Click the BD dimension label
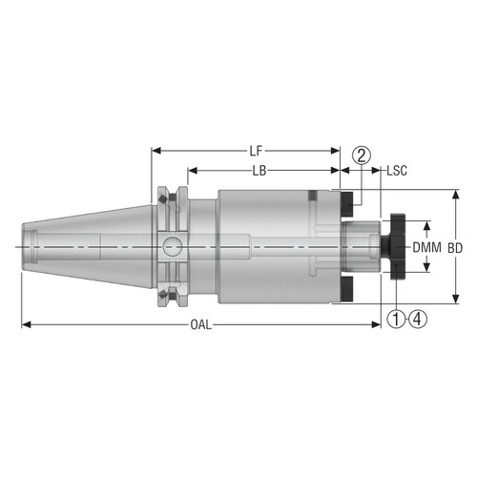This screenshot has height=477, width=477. pos(455,247)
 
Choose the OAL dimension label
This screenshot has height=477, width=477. pos(198,325)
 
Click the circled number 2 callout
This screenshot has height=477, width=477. pos(360,156)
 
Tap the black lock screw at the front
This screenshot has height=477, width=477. pos(395,247)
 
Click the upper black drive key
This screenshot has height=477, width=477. pos(347,201)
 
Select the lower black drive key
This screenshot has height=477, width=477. pos(347,289)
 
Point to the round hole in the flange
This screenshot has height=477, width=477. pos(171,246)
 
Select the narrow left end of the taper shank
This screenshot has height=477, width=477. pos(28,247)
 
